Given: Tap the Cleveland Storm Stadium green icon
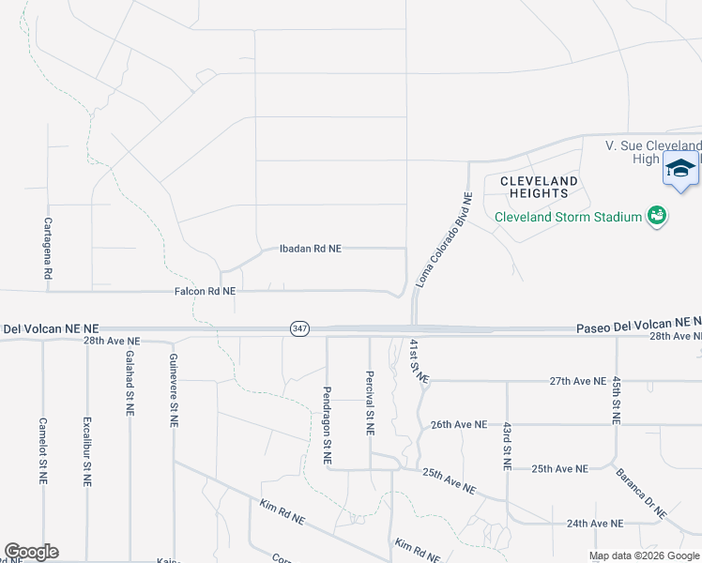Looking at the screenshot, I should [x=657, y=217].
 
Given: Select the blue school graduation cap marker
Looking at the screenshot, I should [x=680, y=170].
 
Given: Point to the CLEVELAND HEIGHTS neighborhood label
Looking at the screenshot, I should [x=539, y=187].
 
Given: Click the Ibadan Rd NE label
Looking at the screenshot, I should [x=311, y=249].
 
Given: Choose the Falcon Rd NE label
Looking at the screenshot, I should [x=205, y=292].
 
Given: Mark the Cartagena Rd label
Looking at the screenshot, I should [x=47, y=248].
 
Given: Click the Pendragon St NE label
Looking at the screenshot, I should [x=327, y=425].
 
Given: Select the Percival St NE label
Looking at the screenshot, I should [x=369, y=402].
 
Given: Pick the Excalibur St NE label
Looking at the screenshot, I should [x=86, y=451].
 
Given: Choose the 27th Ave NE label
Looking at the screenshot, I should [x=578, y=381].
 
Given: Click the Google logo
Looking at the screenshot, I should [x=31, y=552].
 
